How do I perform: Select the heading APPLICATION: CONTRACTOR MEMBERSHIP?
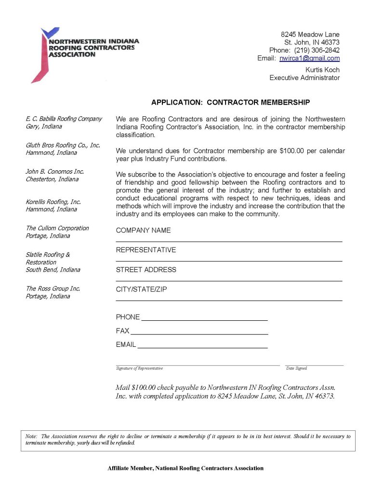pyautogui.click(x=230, y=102)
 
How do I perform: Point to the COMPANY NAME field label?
pyautogui.click(x=143, y=231)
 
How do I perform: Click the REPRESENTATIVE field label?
pyautogui.click(x=146, y=250)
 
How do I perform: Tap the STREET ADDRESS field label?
pyautogui.click(x=146, y=270)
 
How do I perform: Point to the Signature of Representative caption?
pyautogui.click(x=139, y=369)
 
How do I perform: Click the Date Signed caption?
pyautogui.click(x=296, y=369)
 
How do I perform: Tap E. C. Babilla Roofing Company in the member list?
pyautogui.click(x=64, y=119)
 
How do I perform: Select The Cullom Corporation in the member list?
pyautogui.click(x=57, y=228)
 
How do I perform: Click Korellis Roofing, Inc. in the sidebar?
pyautogui.click(x=53, y=202)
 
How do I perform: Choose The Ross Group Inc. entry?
pyautogui.click(x=53, y=289)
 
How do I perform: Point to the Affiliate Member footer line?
pyautogui.click(x=185, y=468)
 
